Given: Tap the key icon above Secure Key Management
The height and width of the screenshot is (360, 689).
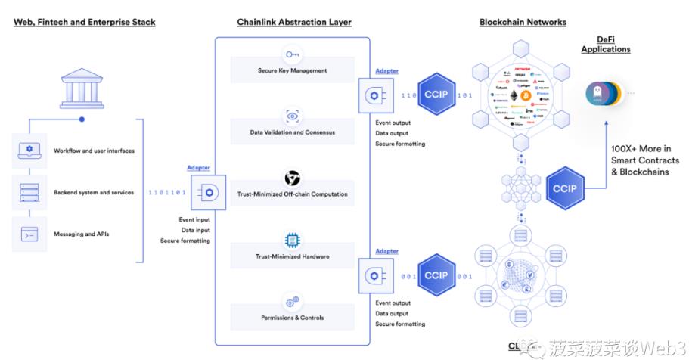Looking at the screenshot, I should point(292,54).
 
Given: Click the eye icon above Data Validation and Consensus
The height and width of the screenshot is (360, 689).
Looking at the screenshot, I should point(292,116).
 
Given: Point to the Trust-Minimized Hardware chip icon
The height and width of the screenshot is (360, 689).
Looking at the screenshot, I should point(292,241).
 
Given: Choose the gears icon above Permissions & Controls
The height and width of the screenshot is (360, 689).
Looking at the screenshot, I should point(292,302).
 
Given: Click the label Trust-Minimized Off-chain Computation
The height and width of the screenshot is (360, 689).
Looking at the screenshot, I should point(292,194).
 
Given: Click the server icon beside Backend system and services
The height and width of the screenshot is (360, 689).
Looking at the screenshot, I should point(29,193).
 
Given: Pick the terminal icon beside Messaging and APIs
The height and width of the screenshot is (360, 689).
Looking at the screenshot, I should point(29,234).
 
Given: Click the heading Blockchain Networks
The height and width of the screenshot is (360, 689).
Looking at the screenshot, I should point(523,22).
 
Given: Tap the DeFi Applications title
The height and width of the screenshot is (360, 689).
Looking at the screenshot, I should point(605,45).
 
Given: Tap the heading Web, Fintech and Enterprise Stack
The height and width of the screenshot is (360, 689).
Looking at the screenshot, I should point(85,22).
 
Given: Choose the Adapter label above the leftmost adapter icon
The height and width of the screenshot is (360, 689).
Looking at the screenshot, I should point(199,168).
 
